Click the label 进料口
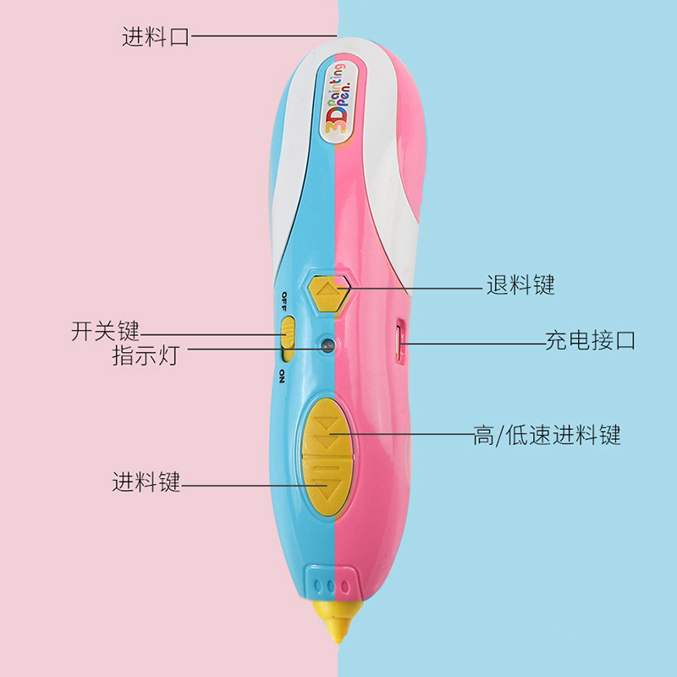point(155,37)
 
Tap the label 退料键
point(520,285)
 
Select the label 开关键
point(105,330)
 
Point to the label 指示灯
point(145,355)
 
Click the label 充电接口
point(590,341)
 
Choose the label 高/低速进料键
point(547,436)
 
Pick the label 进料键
point(146,483)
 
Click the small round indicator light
point(327,345)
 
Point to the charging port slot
point(400,340)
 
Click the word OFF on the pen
point(283,302)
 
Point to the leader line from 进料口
point(262,37)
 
